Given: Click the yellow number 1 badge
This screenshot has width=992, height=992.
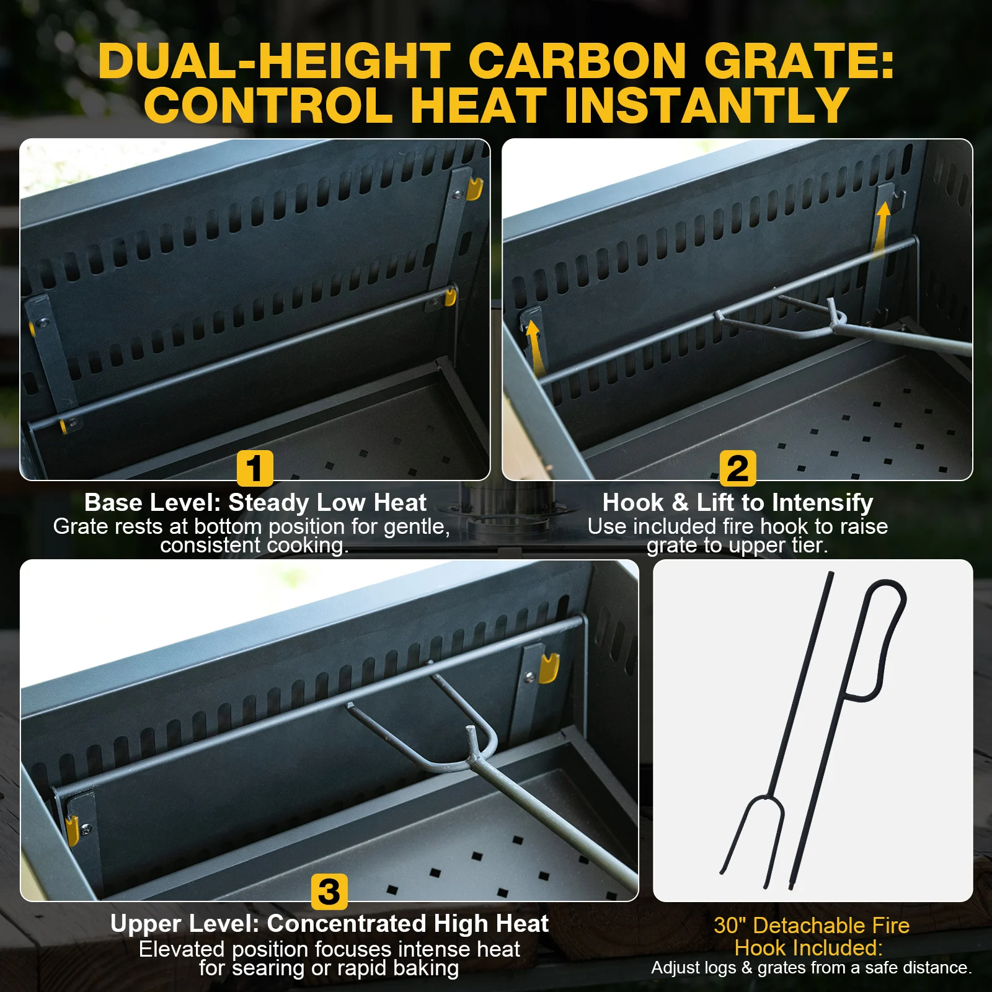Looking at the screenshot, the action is pos(255,468).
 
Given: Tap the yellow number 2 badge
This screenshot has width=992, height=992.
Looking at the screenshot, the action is pos(738,468).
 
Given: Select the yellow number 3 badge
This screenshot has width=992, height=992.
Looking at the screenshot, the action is pos(329,892).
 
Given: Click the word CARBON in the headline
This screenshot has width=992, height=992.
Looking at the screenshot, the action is pos(577,61).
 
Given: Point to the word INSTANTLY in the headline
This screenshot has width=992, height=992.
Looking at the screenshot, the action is pos(707,105).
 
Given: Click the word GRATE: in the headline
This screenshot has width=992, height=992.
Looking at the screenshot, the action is pos(799,61).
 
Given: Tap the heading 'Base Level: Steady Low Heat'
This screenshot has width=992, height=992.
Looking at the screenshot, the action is pos(255,502).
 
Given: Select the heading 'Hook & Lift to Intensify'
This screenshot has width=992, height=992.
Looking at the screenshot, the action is pos(738,502).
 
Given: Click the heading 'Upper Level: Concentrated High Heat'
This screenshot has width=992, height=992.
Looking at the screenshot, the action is pos(329,924).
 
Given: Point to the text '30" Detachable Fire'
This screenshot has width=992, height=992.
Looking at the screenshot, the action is pos(812,926).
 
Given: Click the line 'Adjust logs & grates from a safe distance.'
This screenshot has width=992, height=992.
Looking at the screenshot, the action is pos(812,968).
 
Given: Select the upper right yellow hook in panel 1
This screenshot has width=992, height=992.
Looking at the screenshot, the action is pos(474,189).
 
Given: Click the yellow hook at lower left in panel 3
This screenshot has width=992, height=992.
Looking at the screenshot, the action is pos(73,831).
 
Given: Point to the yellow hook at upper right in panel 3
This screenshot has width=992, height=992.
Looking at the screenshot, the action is pos(549,668).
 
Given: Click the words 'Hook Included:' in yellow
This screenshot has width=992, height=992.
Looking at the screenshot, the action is pos(808,948).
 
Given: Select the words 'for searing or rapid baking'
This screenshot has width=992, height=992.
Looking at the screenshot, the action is pos(329,968).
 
